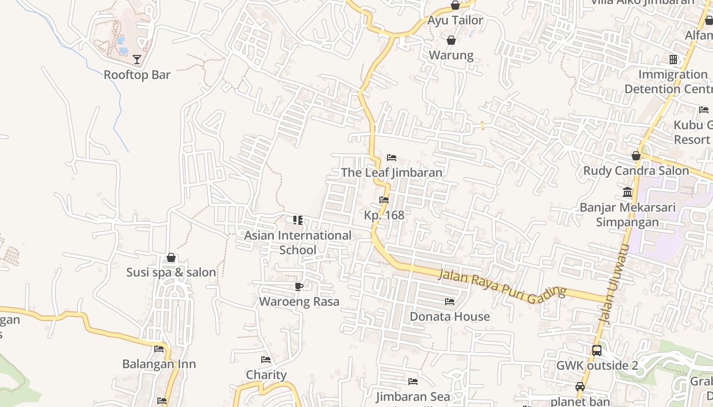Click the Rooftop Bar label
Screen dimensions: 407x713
(x=137, y=75)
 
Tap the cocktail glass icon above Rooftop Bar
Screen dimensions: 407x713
(x=137, y=60)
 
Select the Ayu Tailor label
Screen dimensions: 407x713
(x=455, y=20)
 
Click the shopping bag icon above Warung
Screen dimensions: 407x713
(x=451, y=40)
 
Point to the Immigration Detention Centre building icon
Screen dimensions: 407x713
(x=673, y=60)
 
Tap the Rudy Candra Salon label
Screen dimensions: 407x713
(x=636, y=170)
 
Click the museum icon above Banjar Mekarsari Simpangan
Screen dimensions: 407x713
(x=627, y=192)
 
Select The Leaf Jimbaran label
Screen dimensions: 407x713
(x=391, y=172)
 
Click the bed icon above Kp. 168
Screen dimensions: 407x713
(x=384, y=200)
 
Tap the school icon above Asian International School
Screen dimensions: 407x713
(x=298, y=220)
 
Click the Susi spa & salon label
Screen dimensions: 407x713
(x=171, y=272)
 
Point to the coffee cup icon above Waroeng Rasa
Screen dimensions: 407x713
(x=299, y=286)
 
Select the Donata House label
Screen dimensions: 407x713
(x=450, y=316)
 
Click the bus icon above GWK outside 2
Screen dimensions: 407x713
(x=597, y=351)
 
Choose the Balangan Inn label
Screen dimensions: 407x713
(x=159, y=364)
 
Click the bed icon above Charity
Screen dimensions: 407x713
(x=266, y=360)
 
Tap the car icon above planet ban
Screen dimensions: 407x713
(x=580, y=386)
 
